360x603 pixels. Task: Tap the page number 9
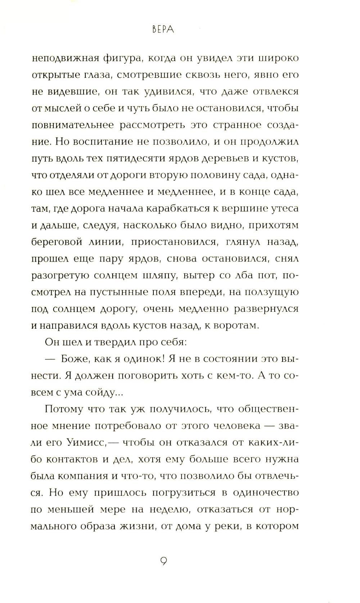pos(163,561)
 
